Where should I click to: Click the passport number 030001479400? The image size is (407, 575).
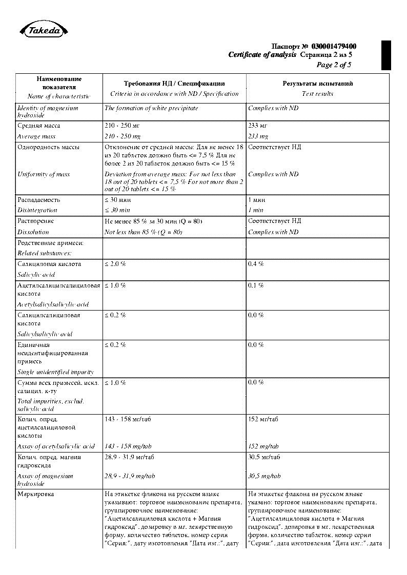pos(334,47)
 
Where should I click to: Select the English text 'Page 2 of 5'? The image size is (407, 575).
pos(334,65)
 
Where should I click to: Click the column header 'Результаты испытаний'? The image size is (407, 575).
pos(318,84)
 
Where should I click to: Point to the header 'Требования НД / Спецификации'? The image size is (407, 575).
pos(174,84)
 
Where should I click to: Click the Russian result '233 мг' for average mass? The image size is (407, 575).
pos(258,126)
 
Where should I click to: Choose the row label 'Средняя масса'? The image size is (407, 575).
pos(39,126)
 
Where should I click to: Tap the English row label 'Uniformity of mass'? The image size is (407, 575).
pos(44,174)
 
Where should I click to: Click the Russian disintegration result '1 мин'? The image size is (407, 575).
pos(256,200)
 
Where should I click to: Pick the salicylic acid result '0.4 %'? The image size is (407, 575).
pos(256,264)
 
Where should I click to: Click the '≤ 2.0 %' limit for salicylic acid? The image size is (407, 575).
pos(115,264)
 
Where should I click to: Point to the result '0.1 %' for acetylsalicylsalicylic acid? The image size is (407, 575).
pos(256,285)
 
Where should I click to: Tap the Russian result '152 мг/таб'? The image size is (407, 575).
pos(263,419)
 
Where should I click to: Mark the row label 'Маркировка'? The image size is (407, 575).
pos(35,494)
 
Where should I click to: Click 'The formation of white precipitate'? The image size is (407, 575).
pos(151,108)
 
